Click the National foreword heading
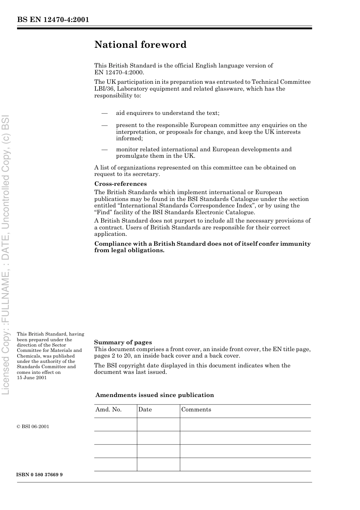(x=140, y=45)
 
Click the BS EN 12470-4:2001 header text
(x=53, y=20)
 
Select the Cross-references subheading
(x=120, y=184)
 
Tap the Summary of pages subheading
(x=123, y=342)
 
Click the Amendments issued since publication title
(x=155, y=395)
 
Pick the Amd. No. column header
(x=108, y=410)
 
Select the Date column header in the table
(x=145, y=410)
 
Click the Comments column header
(x=196, y=410)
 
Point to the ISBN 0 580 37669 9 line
(x=40, y=475)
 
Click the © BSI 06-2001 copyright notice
(x=33, y=427)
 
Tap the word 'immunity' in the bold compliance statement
(x=295, y=244)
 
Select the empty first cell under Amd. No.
(x=116, y=424)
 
